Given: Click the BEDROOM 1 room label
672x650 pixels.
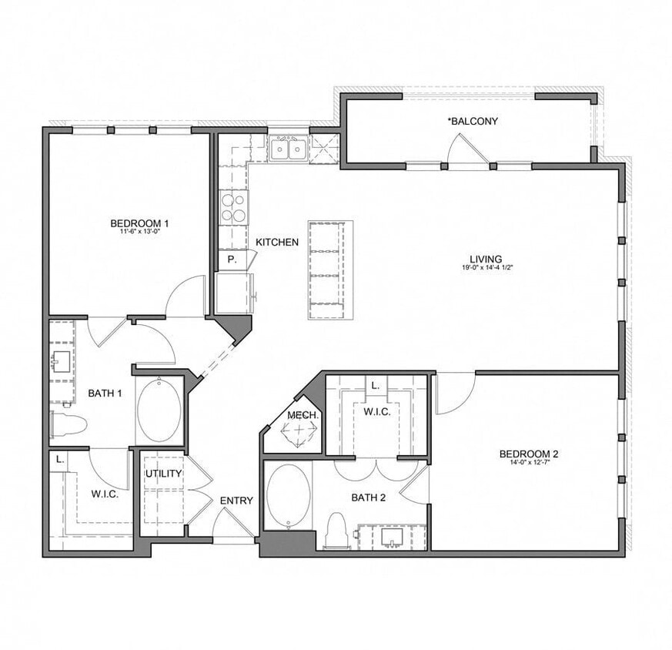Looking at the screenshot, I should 139,223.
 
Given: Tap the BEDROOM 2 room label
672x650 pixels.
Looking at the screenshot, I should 528,454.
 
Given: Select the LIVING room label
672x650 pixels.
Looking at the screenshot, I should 486,259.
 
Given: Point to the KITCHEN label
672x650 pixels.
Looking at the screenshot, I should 277,242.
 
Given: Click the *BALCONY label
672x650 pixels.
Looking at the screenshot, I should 473,121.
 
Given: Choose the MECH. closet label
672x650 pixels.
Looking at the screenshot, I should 298,415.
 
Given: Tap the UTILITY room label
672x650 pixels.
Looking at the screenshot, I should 163,473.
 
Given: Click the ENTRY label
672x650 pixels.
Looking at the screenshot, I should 236,501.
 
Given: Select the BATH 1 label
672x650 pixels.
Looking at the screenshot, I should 105,393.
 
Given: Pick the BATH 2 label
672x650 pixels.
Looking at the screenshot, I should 368,498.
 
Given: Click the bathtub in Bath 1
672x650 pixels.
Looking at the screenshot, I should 159,410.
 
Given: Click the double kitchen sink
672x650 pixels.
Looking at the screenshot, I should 289,148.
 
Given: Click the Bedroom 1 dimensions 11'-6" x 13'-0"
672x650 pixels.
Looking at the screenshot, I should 139,231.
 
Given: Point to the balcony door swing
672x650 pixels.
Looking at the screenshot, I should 467,149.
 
